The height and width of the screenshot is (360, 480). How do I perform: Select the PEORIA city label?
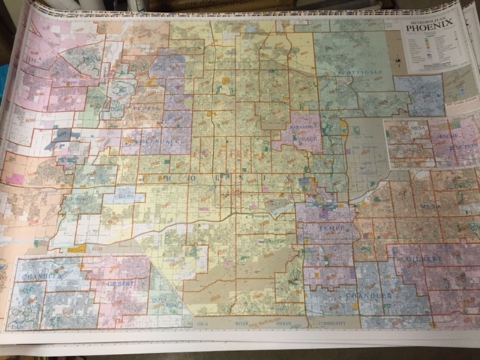click(148, 107)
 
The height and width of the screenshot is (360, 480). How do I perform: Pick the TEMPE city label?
click(330, 226)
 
